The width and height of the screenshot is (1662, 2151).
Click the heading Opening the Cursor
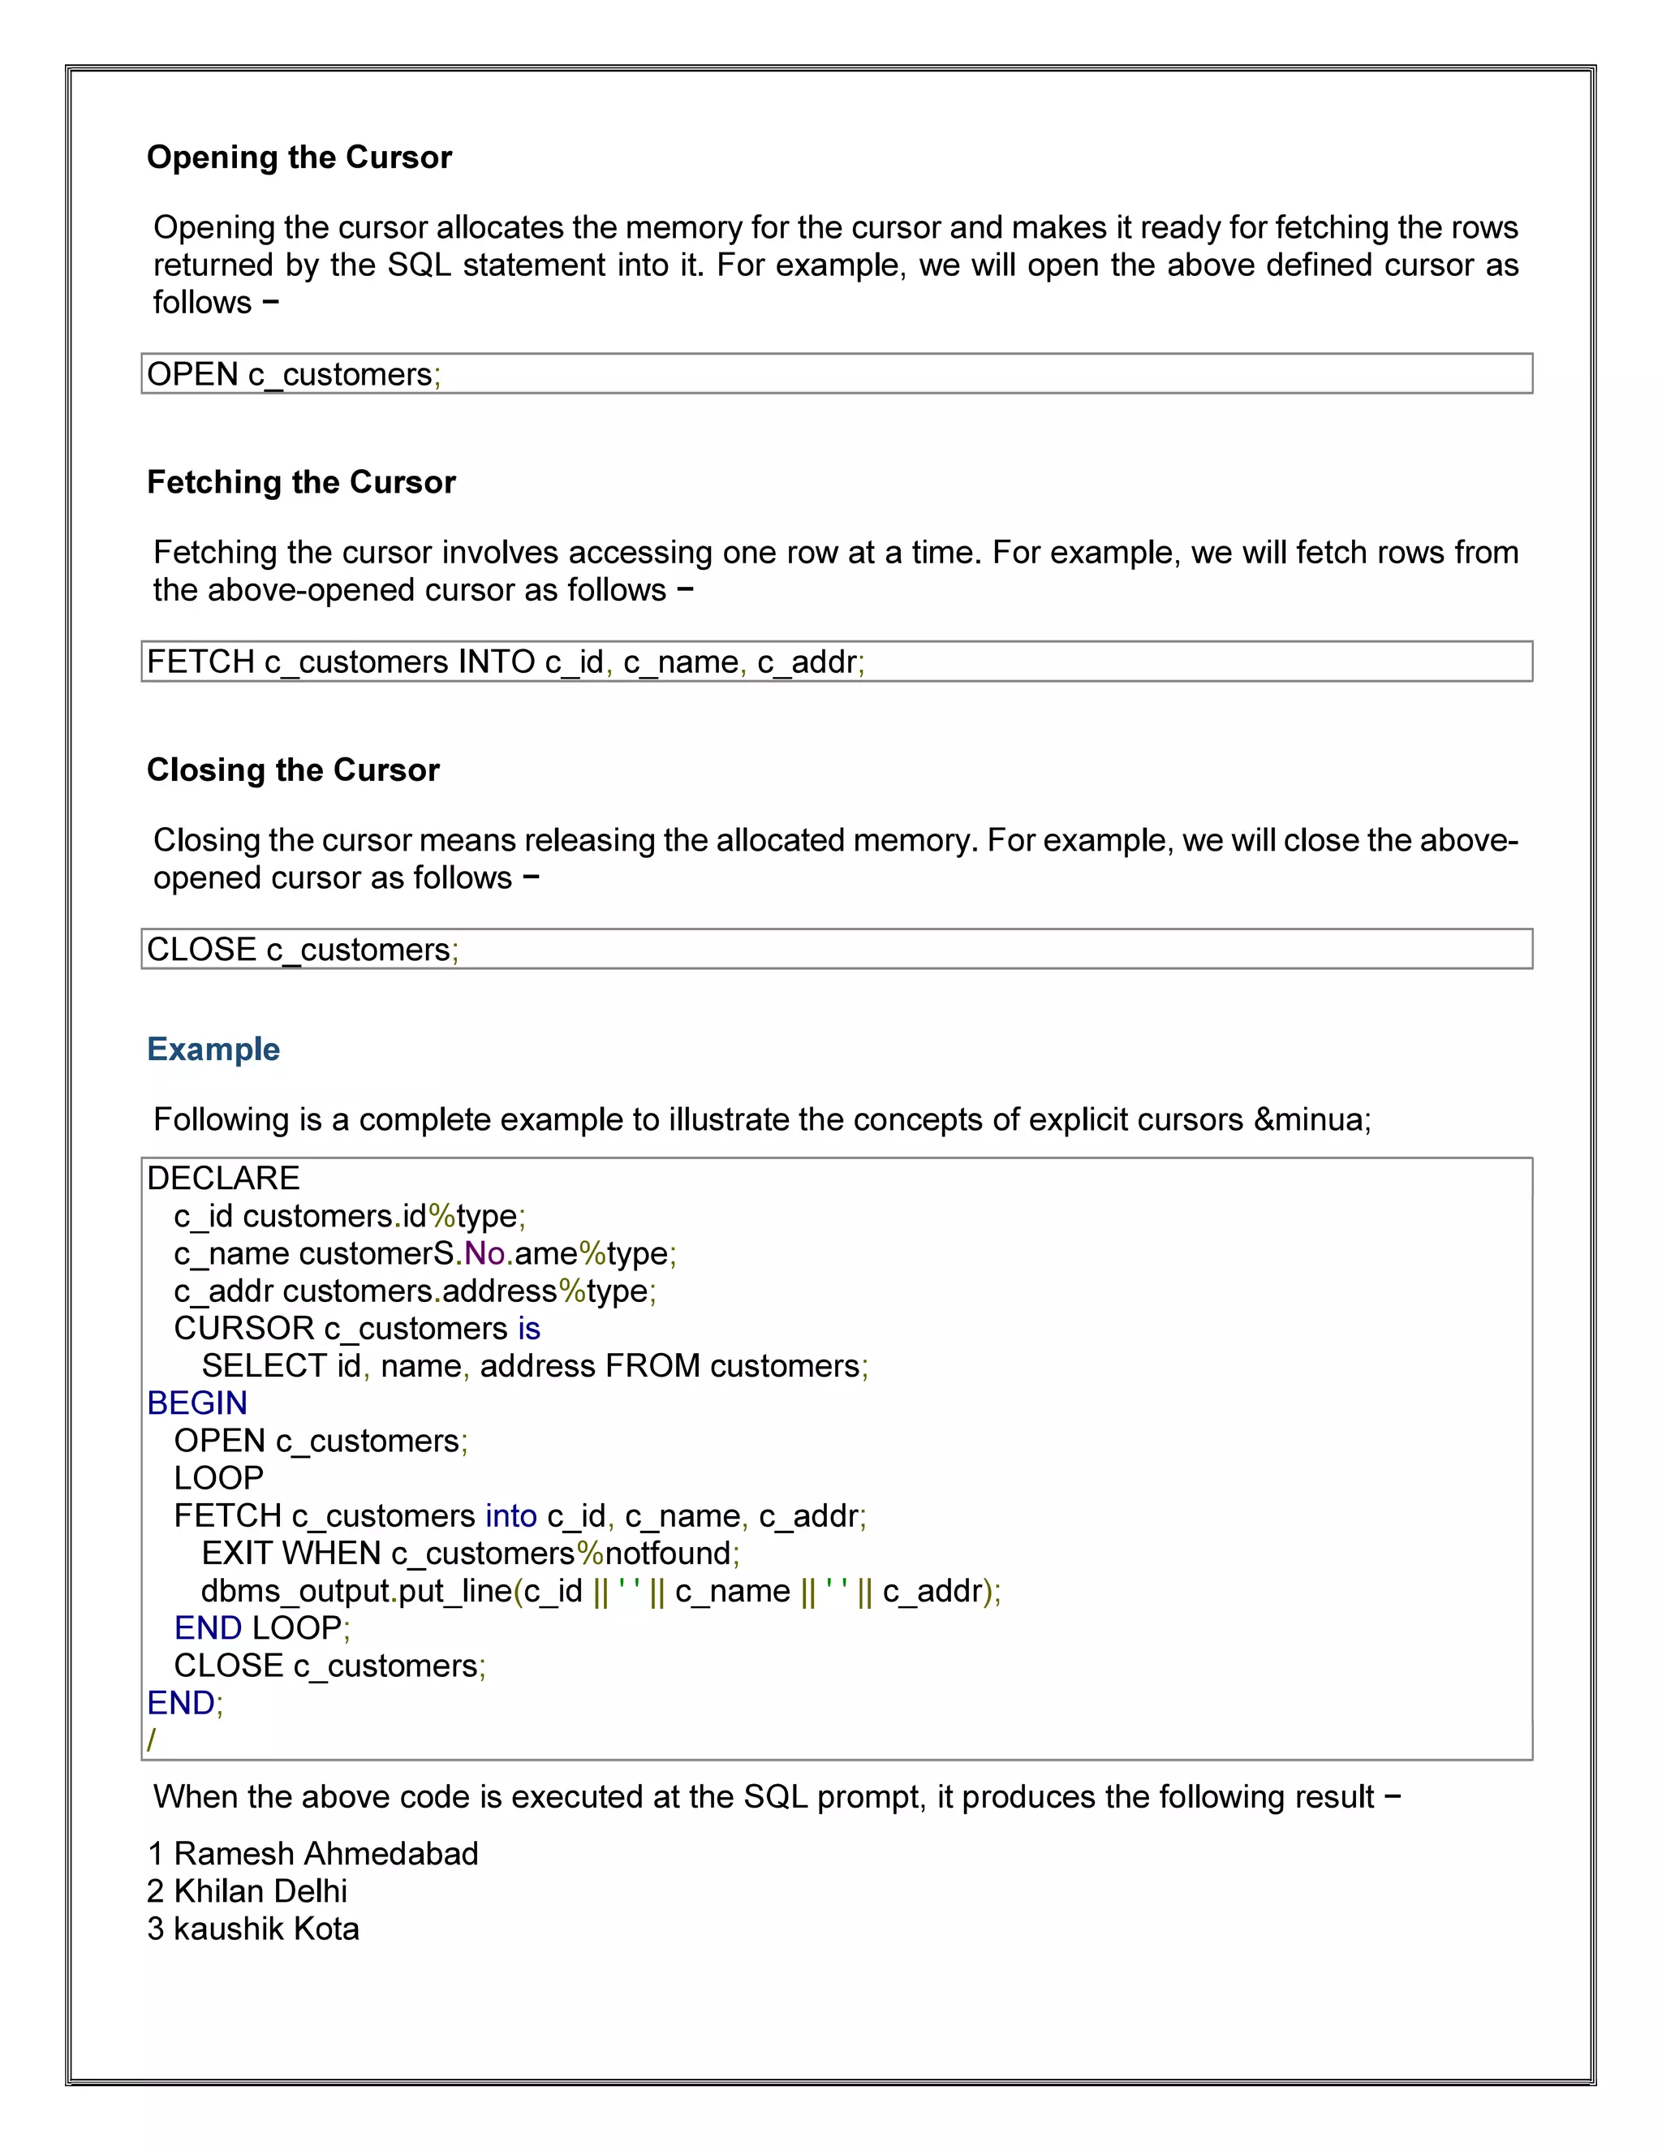coord(299,157)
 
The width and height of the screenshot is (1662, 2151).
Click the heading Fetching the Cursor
coord(301,483)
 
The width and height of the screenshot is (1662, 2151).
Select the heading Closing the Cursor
coord(294,770)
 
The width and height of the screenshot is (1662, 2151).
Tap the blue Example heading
coord(213,1050)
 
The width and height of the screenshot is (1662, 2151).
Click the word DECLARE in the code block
coord(223,1179)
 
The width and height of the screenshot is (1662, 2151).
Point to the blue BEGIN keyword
coord(197,1403)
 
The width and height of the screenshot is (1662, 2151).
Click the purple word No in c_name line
coord(484,1254)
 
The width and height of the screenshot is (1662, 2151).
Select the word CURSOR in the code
coord(243,1329)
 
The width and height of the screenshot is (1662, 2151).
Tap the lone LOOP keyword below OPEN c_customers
coord(218,1478)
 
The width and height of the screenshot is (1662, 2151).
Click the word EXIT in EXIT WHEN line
coord(236,1553)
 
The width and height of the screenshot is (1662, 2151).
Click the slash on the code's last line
coord(152,1740)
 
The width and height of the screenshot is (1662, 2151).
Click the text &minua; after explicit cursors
coord(1311,1120)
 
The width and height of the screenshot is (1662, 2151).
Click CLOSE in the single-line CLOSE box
coord(202,950)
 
